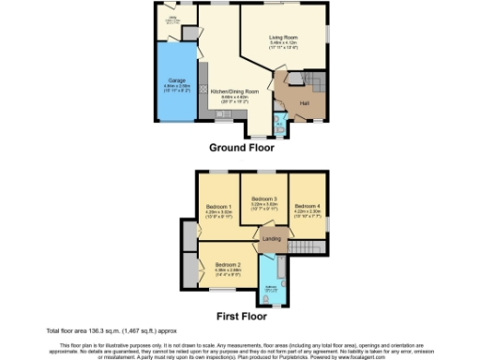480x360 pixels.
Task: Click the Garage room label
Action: [175, 81]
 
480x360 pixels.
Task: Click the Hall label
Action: [305, 101]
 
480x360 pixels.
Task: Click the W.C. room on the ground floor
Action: [279, 120]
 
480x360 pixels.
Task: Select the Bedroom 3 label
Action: [263, 199]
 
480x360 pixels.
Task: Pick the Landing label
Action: [271, 238]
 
